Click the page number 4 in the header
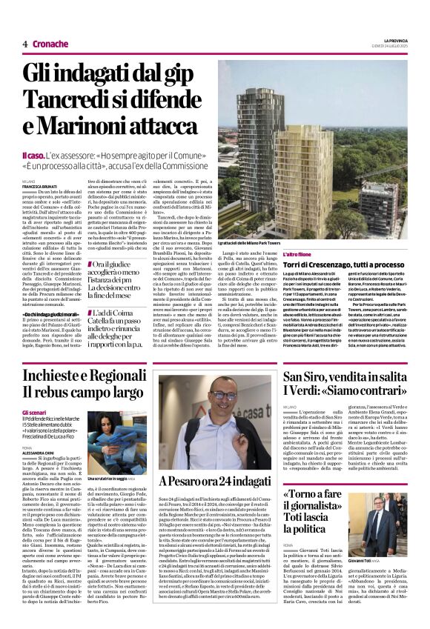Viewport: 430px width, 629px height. (24, 44)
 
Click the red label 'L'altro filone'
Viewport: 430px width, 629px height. (300, 254)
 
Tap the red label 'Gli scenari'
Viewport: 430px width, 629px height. (35, 412)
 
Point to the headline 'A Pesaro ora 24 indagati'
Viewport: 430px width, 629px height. (216, 482)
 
